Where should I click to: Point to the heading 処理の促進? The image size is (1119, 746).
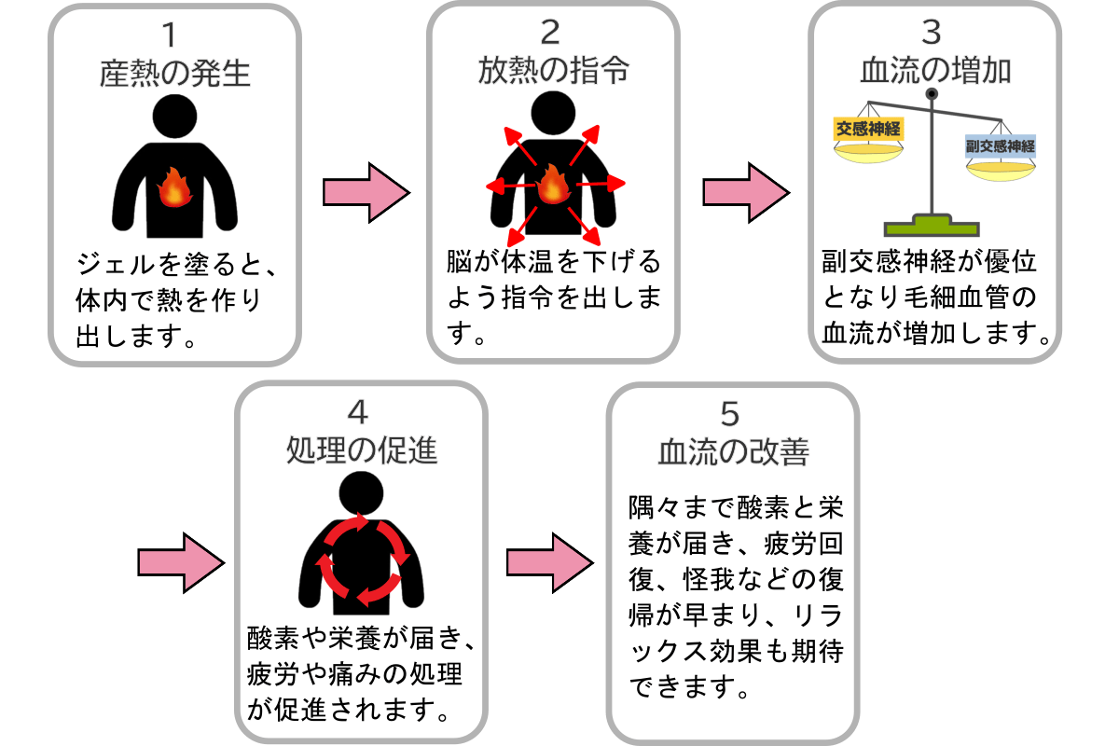[361, 450]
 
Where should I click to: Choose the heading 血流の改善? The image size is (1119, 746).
[733, 450]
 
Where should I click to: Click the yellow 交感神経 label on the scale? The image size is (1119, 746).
[867, 130]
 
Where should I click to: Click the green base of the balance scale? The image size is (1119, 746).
[931, 225]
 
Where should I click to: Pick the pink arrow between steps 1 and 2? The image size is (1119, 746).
[366, 193]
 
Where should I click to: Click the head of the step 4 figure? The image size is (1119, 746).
[361, 493]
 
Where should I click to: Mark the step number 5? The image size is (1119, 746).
[733, 411]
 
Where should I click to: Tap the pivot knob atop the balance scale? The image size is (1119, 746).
[931, 93]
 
